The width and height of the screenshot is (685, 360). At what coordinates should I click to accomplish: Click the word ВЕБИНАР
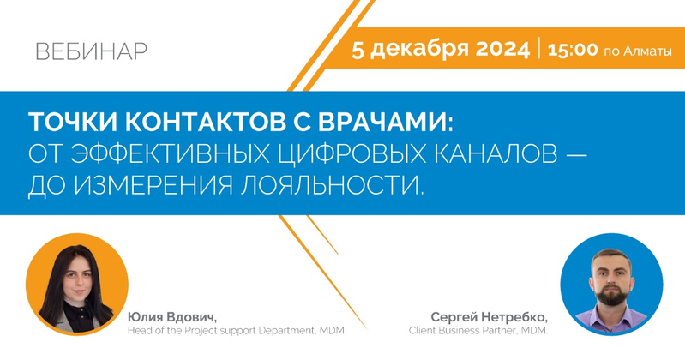[91, 51]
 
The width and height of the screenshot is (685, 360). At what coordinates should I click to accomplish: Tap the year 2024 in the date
[502, 49]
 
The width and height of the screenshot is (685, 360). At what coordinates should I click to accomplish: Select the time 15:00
[573, 50]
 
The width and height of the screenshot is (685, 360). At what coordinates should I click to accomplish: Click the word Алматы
[647, 51]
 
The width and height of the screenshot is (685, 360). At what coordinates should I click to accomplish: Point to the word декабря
[419, 50]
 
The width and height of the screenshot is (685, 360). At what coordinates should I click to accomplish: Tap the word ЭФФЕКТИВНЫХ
[169, 153]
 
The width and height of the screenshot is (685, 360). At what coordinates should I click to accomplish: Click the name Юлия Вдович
[171, 317]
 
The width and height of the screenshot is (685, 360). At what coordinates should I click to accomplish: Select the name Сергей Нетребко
[490, 317]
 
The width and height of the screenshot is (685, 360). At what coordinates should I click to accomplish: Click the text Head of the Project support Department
[221, 331]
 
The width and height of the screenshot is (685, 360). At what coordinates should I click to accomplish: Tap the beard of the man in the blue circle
[612, 296]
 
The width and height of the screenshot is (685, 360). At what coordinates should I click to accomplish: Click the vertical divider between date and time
[539, 48]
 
